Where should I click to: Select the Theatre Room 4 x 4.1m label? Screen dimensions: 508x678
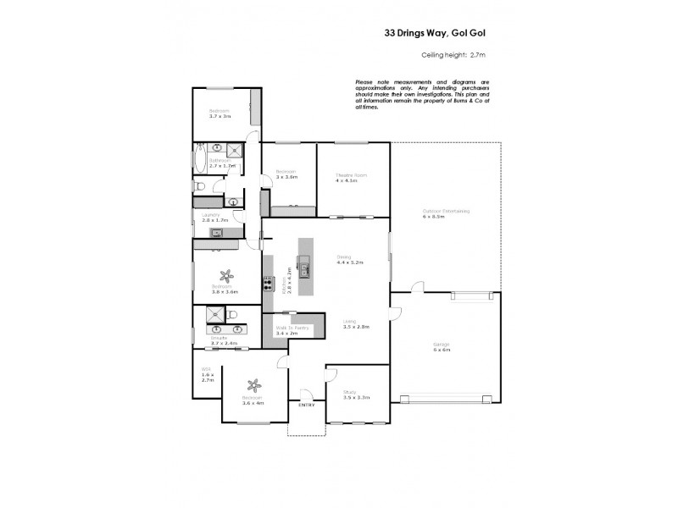point(346,178)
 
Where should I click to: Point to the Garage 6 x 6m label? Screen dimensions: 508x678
point(442,347)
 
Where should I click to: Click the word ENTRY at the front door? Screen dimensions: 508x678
point(306,406)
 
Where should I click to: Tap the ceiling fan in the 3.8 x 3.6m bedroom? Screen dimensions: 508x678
point(225,274)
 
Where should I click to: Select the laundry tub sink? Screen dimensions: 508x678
point(217,232)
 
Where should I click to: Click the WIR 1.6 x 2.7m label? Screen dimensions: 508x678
point(207,375)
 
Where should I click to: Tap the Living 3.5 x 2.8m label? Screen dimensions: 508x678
point(348,324)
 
